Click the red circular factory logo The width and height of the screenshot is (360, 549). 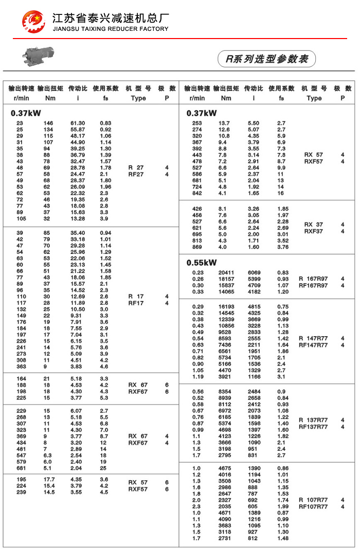tap(33, 21)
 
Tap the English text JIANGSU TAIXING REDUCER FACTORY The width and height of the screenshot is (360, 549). tap(111, 29)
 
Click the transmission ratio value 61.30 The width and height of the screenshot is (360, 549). tap(77, 123)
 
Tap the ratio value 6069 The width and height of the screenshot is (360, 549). tap(254, 272)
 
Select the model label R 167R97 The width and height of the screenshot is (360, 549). tap(313, 279)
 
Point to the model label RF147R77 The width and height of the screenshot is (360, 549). tap(313, 345)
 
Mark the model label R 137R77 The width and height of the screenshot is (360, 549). tap(313, 420)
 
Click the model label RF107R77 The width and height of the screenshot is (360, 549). tap(313, 507)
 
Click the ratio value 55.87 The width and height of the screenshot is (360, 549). tap(77, 130)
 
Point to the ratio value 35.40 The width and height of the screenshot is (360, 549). tap(77, 233)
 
